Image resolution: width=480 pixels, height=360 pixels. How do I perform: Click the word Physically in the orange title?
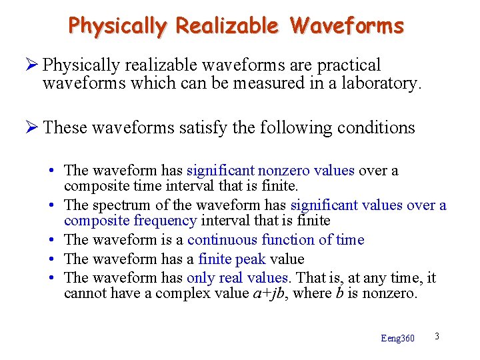point(118,26)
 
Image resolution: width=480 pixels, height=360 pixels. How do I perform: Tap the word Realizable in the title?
point(227,25)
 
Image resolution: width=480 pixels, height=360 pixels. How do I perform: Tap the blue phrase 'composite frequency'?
point(130,220)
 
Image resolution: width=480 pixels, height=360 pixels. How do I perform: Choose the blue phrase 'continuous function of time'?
point(275,240)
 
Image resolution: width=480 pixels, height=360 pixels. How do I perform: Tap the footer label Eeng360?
point(397,339)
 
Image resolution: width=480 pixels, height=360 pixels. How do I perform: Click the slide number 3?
point(437,336)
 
